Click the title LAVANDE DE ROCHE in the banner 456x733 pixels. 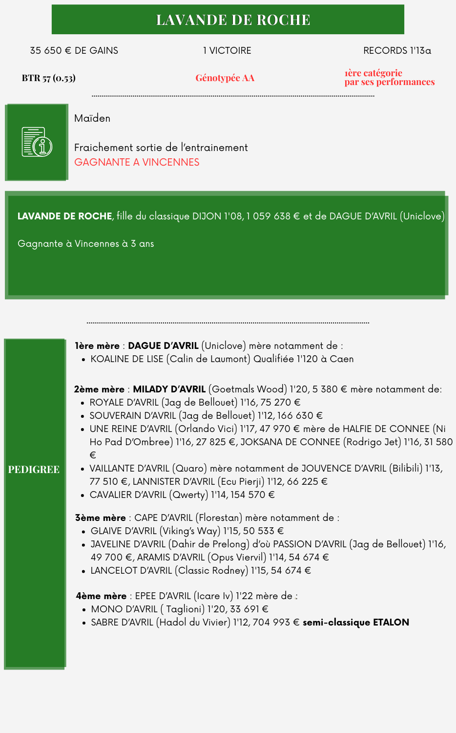(x=233, y=20)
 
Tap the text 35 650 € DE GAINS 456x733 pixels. (x=74, y=51)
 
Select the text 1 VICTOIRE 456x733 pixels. (x=227, y=51)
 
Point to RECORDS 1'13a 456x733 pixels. (x=397, y=51)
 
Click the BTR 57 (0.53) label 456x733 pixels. (x=48, y=78)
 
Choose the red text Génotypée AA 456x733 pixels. (x=225, y=78)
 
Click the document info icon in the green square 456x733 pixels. (x=37, y=142)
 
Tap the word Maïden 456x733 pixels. (x=92, y=118)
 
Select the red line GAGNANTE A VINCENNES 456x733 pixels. (x=137, y=162)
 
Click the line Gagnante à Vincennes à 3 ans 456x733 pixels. (x=85, y=244)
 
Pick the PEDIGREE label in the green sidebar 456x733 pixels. (x=34, y=470)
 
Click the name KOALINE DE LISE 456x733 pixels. (x=126, y=359)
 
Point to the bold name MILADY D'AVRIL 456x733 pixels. (x=169, y=389)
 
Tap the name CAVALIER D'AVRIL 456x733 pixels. (x=128, y=495)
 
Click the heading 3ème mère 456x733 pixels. (x=100, y=518)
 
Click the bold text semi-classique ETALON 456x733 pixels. (x=355, y=623)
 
